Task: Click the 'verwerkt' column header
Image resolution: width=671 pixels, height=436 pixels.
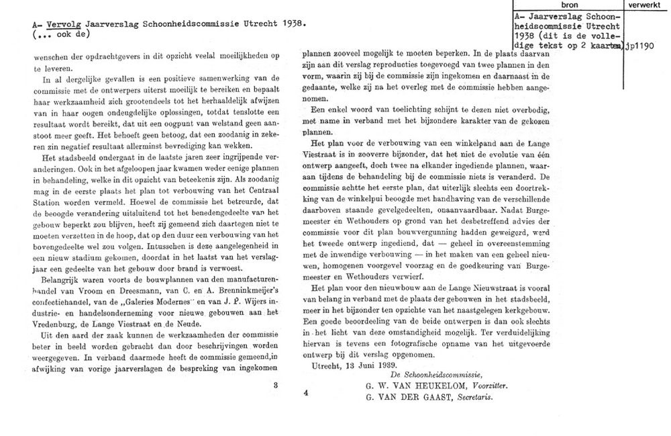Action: click(647, 5)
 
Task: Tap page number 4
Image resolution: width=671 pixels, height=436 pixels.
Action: click(305, 392)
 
